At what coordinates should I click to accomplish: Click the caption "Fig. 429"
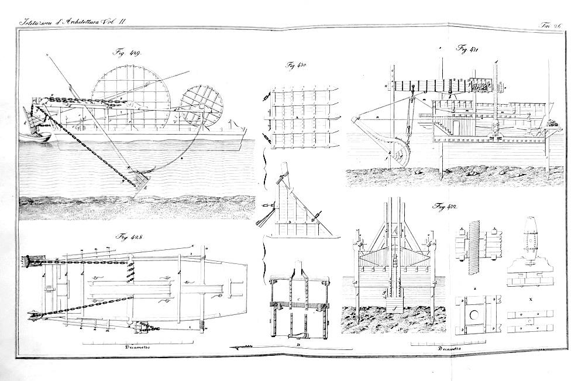(128, 52)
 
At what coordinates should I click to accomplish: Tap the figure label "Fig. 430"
(298, 66)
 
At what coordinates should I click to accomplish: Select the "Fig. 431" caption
(467, 48)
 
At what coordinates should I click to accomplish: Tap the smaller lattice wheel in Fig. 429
(202, 105)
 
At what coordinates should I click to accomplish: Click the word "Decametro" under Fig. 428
(139, 347)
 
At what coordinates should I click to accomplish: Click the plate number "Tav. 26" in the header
(550, 24)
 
